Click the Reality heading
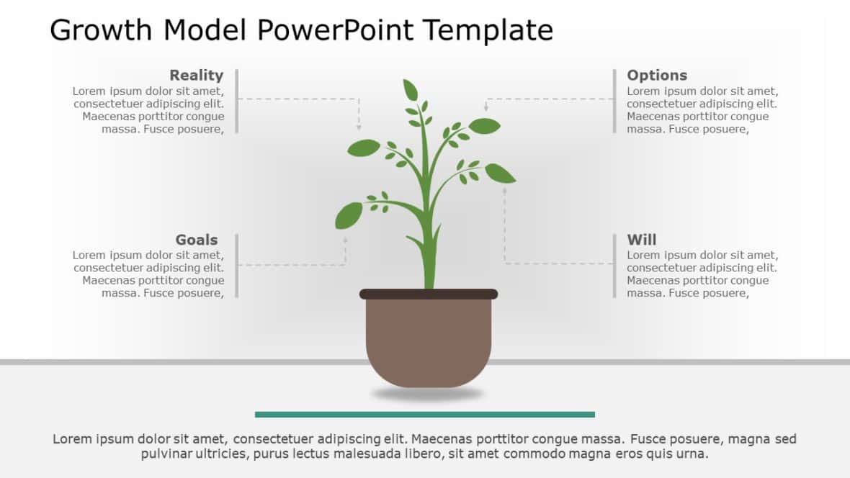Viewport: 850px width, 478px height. (x=196, y=75)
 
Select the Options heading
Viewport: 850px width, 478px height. (x=656, y=75)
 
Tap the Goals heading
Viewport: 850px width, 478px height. (x=196, y=240)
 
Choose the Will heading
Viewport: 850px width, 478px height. (x=641, y=240)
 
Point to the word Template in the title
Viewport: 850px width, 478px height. (x=487, y=30)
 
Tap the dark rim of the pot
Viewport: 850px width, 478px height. (x=429, y=294)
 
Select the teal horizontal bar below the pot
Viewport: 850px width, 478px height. (x=425, y=415)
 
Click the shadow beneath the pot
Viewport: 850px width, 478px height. (x=428, y=394)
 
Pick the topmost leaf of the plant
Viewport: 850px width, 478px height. (x=410, y=90)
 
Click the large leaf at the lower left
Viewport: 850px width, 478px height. (x=349, y=215)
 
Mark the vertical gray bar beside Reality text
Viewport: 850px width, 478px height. (x=236, y=101)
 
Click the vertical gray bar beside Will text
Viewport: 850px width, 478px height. (x=614, y=266)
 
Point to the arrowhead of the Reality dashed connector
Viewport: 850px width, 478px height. (x=359, y=127)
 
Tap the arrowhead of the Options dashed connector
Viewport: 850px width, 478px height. (x=486, y=108)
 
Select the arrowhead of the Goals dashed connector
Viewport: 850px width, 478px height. (x=345, y=240)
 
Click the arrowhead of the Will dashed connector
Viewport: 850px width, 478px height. (x=504, y=190)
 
